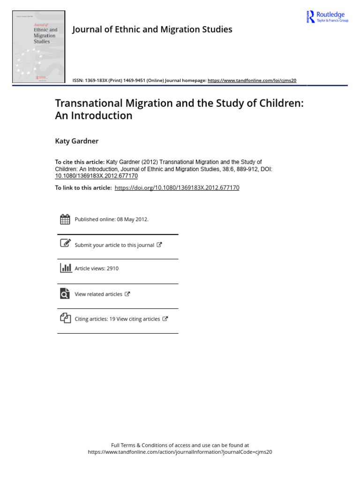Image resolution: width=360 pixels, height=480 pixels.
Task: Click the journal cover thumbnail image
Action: [39, 47]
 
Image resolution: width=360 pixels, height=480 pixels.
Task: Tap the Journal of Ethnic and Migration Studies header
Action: [152, 30]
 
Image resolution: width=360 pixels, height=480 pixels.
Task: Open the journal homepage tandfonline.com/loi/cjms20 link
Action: [252, 81]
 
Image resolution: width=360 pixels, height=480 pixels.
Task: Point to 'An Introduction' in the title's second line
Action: [94, 116]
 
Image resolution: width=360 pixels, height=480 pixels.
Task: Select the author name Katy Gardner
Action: [77, 141]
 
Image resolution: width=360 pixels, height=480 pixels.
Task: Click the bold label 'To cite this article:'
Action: [80, 162]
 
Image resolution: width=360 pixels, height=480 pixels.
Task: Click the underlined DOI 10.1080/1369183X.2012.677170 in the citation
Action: [97, 176]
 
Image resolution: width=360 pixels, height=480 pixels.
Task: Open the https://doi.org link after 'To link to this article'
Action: [177, 188]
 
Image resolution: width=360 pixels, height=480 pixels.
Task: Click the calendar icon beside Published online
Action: [65, 219]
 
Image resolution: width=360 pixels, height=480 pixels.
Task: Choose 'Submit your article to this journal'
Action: [114, 245]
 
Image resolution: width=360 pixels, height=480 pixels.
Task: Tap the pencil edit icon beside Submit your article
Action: [65, 243]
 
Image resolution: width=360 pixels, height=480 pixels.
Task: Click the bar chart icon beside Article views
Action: [65, 268]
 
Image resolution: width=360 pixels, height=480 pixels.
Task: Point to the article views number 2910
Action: [112, 269]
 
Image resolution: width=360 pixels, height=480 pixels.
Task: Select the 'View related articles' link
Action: [98, 294]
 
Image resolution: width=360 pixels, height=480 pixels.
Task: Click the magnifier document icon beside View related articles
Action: [65, 294]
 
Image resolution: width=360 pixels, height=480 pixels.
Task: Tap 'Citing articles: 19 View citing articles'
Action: [117, 319]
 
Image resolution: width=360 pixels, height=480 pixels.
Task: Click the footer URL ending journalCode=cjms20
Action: [180, 452]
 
